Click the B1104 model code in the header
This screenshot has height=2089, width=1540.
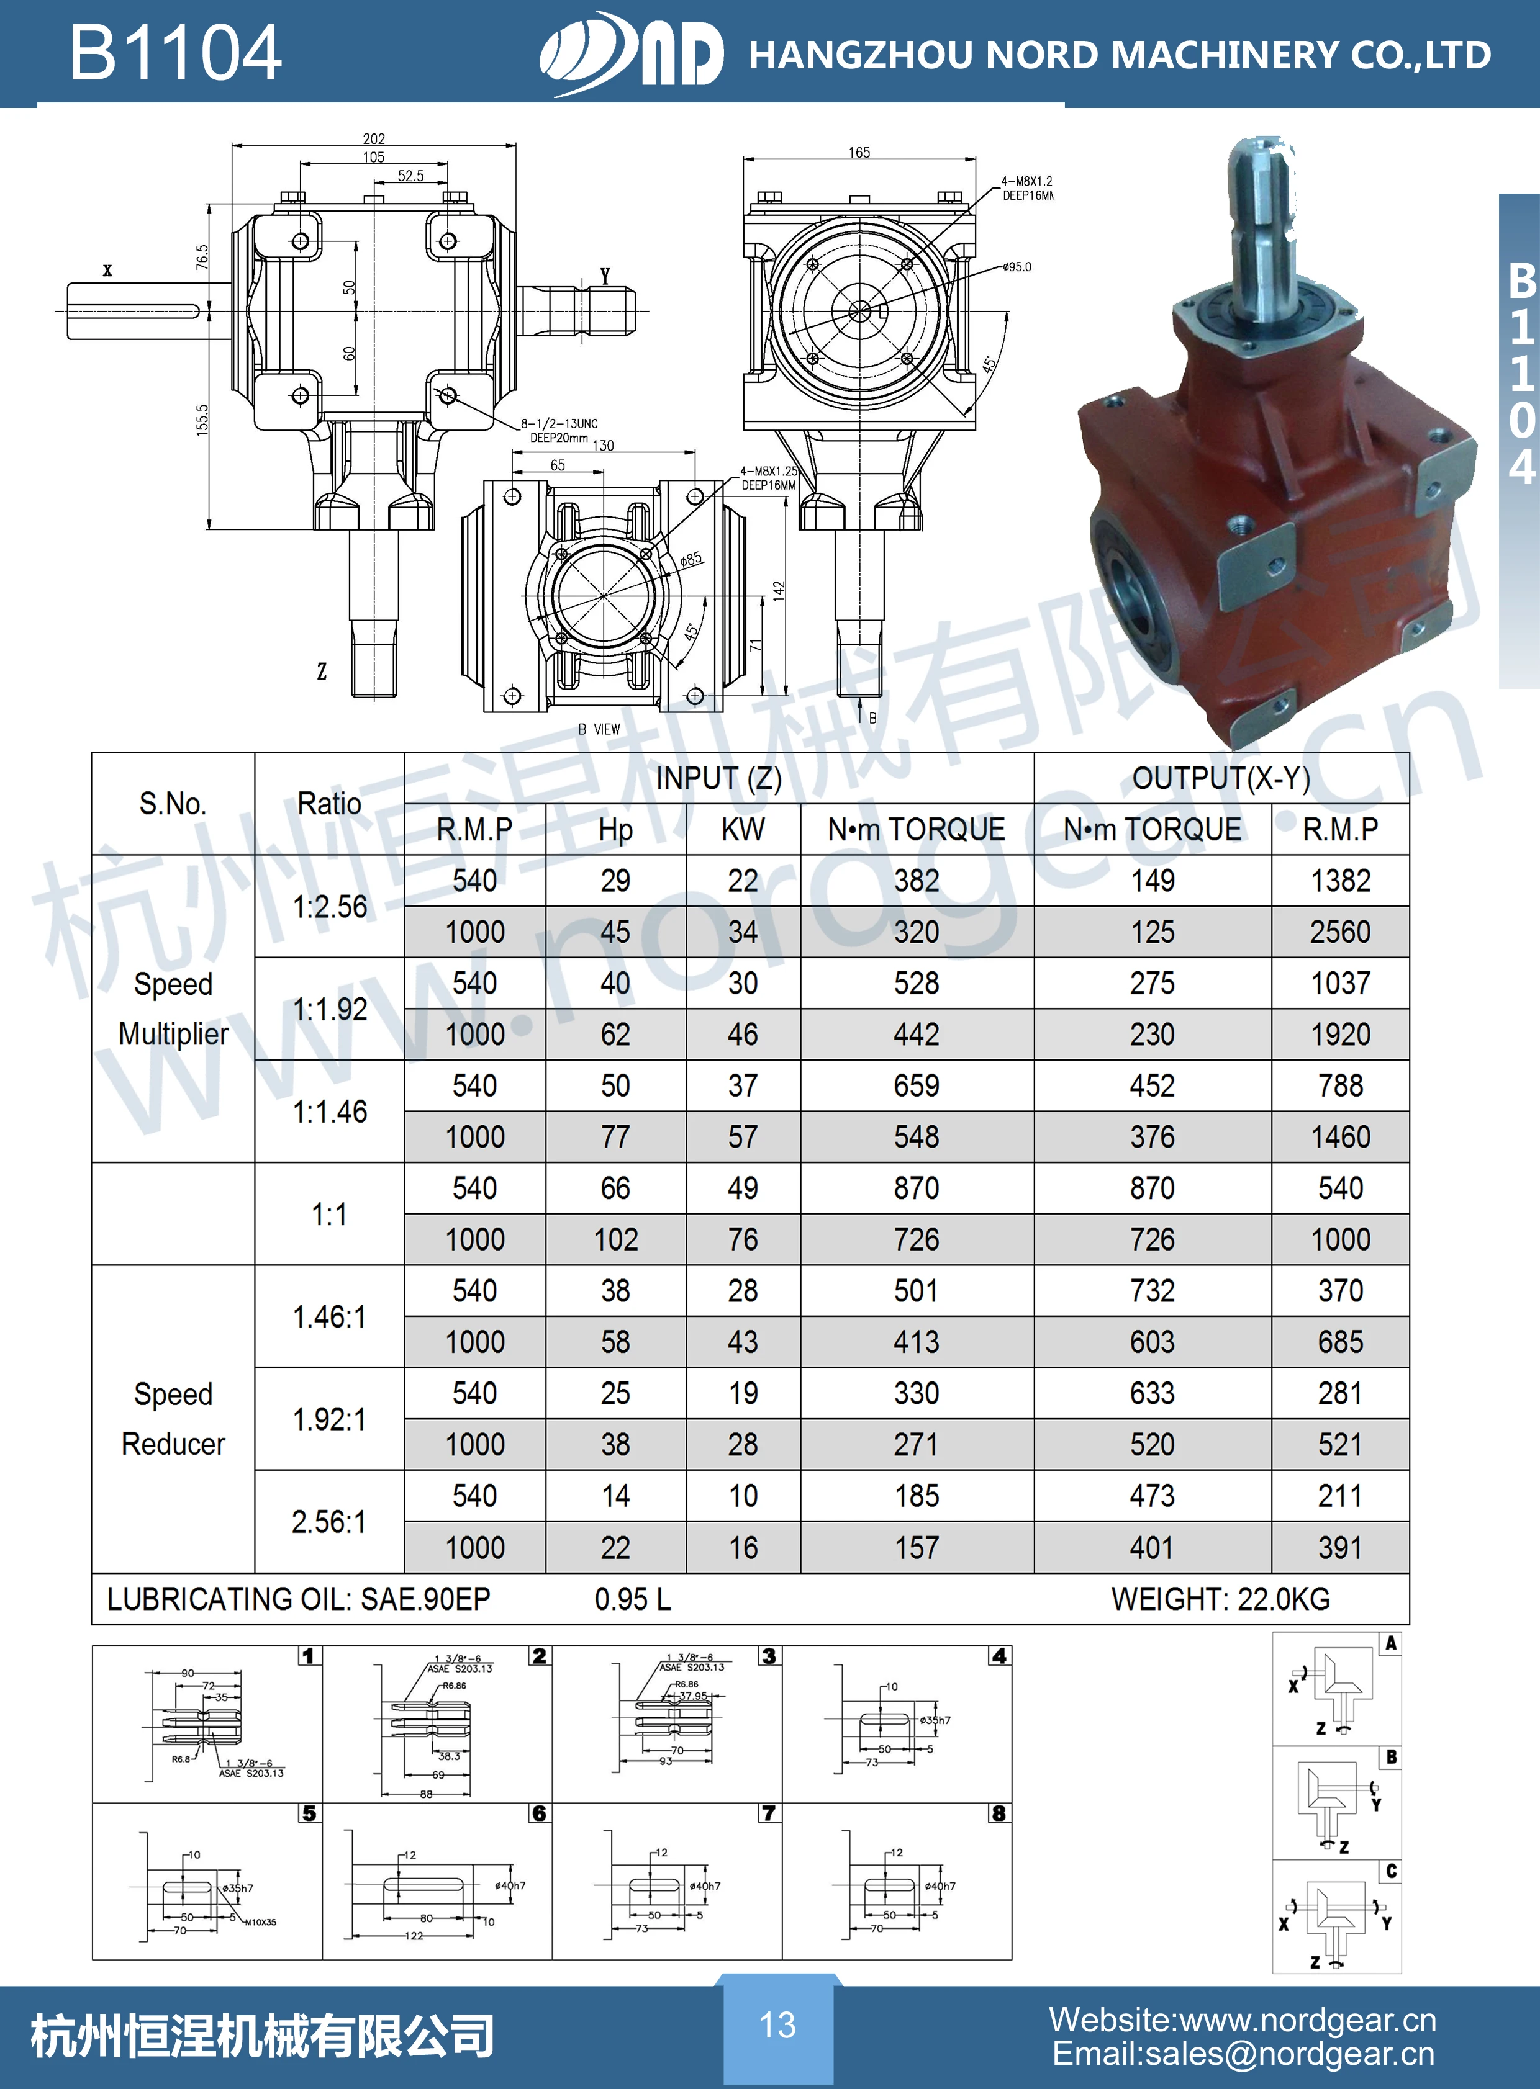[175, 53]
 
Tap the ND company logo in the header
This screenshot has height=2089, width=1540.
[631, 53]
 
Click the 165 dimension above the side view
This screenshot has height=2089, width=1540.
[859, 152]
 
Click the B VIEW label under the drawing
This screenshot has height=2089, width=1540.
[599, 729]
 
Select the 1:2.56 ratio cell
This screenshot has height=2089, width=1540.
[330, 905]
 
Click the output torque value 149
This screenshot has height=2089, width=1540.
[1152, 881]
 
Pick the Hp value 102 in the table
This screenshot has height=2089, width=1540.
[615, 1239]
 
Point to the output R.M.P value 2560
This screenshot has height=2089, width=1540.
[1339, 932]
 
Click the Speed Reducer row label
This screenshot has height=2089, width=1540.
[173, 1418]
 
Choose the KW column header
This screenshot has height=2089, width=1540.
[742, 829]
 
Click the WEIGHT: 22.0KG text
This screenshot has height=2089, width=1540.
[1220, 1599]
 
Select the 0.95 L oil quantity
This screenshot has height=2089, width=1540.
[632, 1599]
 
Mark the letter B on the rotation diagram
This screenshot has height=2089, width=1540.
[1391, 1758]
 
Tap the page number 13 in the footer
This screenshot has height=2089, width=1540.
[777, 2024]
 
